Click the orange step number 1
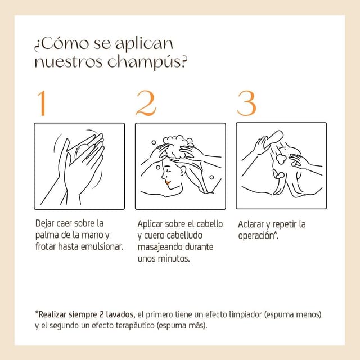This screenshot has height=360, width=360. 42,103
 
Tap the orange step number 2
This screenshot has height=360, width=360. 146,103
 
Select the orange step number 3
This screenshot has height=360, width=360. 246,103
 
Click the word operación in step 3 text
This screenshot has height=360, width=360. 256,236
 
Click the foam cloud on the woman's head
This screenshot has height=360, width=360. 178,146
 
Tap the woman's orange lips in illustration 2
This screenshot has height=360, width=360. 168,182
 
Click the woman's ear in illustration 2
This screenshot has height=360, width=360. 183,170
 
